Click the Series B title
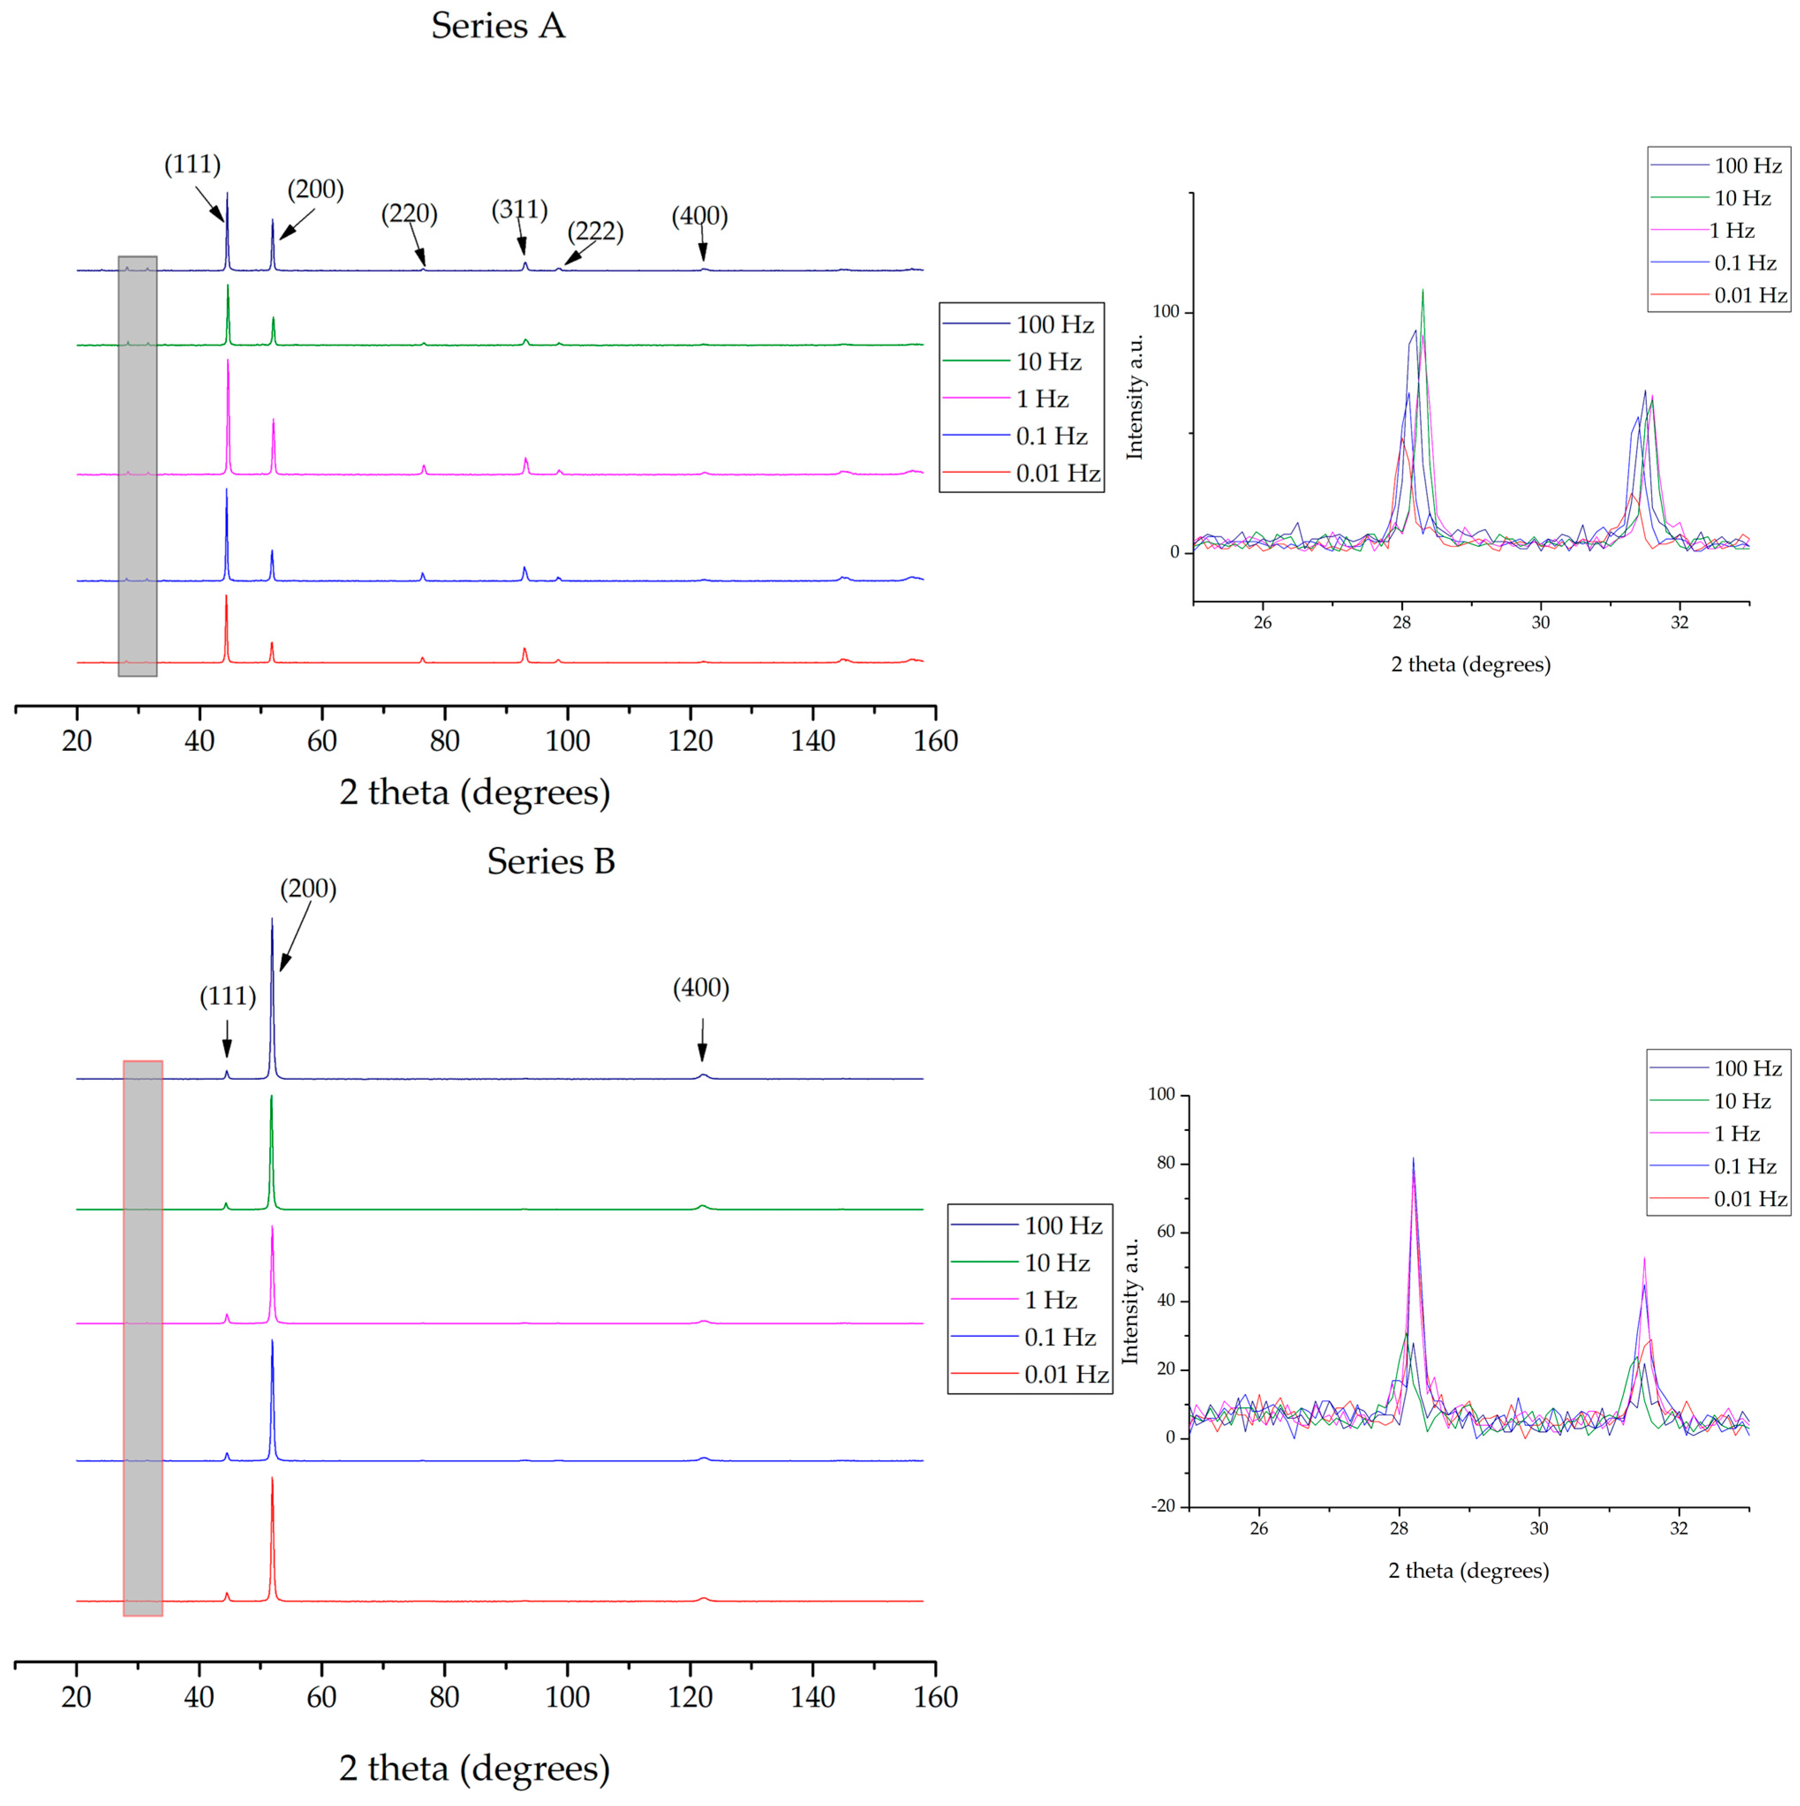(x=550, y=861)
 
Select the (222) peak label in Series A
(x=595, y=231)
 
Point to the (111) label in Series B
(x=227, y=996)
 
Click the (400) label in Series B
(x=701, y=988)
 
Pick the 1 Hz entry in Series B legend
(x=1051, y=1300)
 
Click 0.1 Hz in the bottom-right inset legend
(x=1744, y=1167)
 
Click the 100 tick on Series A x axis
(x=567, y=741)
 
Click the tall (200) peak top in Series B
(x=272, y=919)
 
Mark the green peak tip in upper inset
(x=1423, y=291)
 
